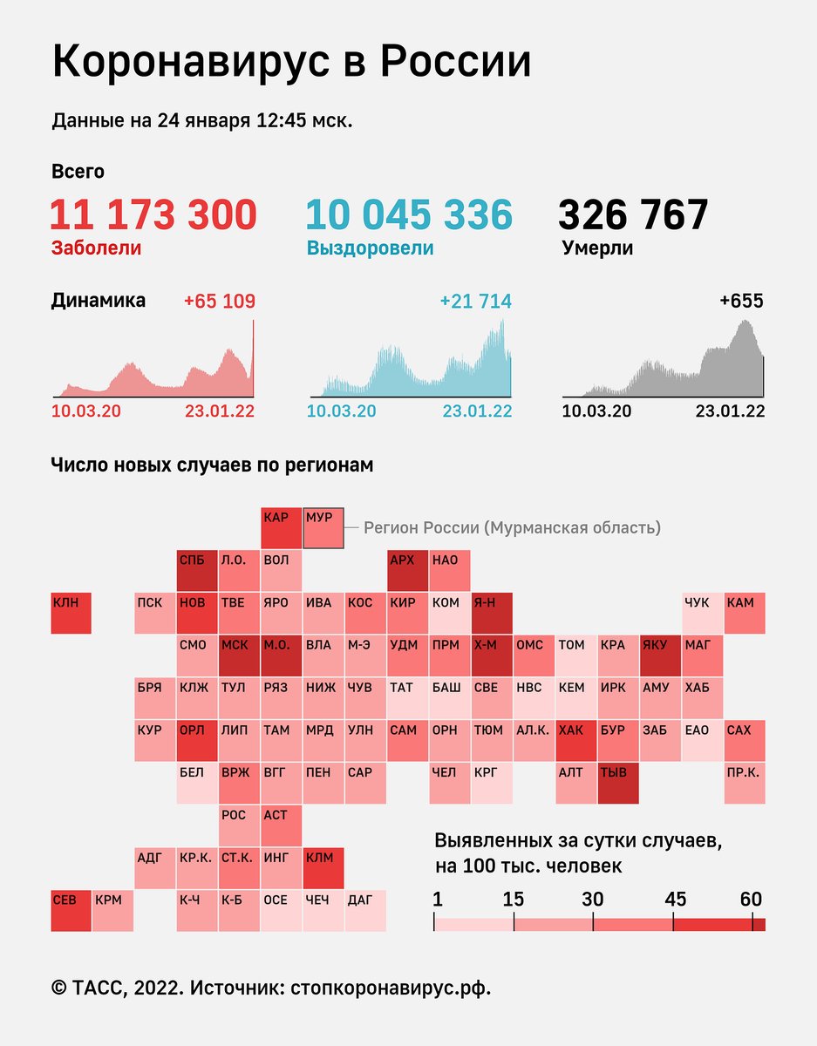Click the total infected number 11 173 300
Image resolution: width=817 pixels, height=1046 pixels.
(153, 215)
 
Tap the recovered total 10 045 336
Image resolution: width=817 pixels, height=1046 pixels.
(409, 215)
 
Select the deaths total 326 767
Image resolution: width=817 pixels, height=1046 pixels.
(633, 215)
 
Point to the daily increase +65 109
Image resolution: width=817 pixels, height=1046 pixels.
(219, 302)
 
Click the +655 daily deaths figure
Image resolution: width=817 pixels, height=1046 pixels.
(740, 302)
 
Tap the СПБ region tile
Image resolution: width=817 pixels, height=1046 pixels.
(197, 571)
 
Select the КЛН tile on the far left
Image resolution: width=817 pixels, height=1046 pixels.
(71, 614)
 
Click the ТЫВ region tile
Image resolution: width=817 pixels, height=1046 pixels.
(618, 784)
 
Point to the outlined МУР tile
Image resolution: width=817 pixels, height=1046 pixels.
(323, 528)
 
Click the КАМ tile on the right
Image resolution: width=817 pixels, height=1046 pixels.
(745, 614)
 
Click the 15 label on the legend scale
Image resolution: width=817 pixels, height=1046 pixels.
(514, 899)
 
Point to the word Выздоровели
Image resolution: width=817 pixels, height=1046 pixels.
(370, 248)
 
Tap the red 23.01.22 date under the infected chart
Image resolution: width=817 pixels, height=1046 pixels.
(219, 411)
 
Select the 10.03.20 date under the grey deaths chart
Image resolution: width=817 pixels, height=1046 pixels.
(596, 411)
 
